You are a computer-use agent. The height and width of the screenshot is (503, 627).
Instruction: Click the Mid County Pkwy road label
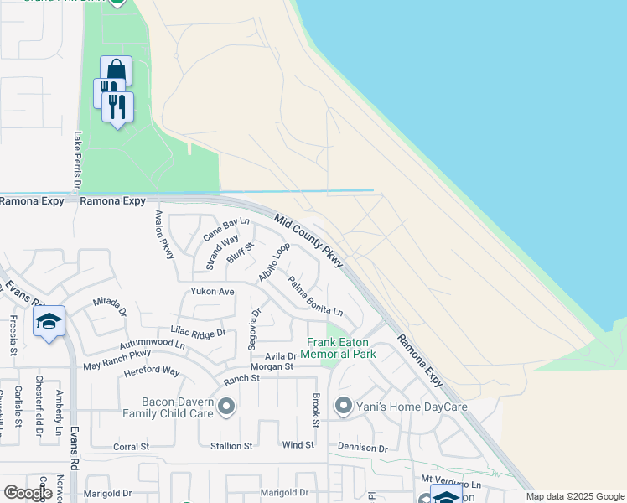(308, 240)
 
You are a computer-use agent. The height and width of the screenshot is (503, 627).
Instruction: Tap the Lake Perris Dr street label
(77, 159)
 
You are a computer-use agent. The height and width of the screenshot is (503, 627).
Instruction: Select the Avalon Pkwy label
(163, 233)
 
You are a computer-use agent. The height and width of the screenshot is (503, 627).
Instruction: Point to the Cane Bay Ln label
(226, 228)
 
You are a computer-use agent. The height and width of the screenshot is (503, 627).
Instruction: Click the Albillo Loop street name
(274, 262)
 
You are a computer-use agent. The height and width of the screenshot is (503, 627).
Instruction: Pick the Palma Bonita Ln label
(315, 296)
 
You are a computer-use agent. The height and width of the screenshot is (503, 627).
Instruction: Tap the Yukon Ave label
(212, 292)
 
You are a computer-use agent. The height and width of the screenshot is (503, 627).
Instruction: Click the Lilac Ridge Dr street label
(198, 333)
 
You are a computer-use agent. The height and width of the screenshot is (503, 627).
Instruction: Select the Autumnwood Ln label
(152, 344)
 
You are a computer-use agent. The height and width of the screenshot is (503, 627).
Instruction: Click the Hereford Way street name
(152, 371)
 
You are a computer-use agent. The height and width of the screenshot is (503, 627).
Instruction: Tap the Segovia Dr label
(252, 328)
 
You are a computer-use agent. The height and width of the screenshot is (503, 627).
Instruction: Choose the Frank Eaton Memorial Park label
(341, 348)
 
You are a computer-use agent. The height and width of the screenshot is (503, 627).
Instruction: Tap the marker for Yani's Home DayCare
(343, 407)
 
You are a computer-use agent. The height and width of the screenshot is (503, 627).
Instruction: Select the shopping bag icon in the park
(115, 70)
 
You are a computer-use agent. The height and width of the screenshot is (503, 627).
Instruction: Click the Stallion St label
(230, 447)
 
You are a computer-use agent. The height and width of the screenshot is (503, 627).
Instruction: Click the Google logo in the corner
(28, 493)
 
